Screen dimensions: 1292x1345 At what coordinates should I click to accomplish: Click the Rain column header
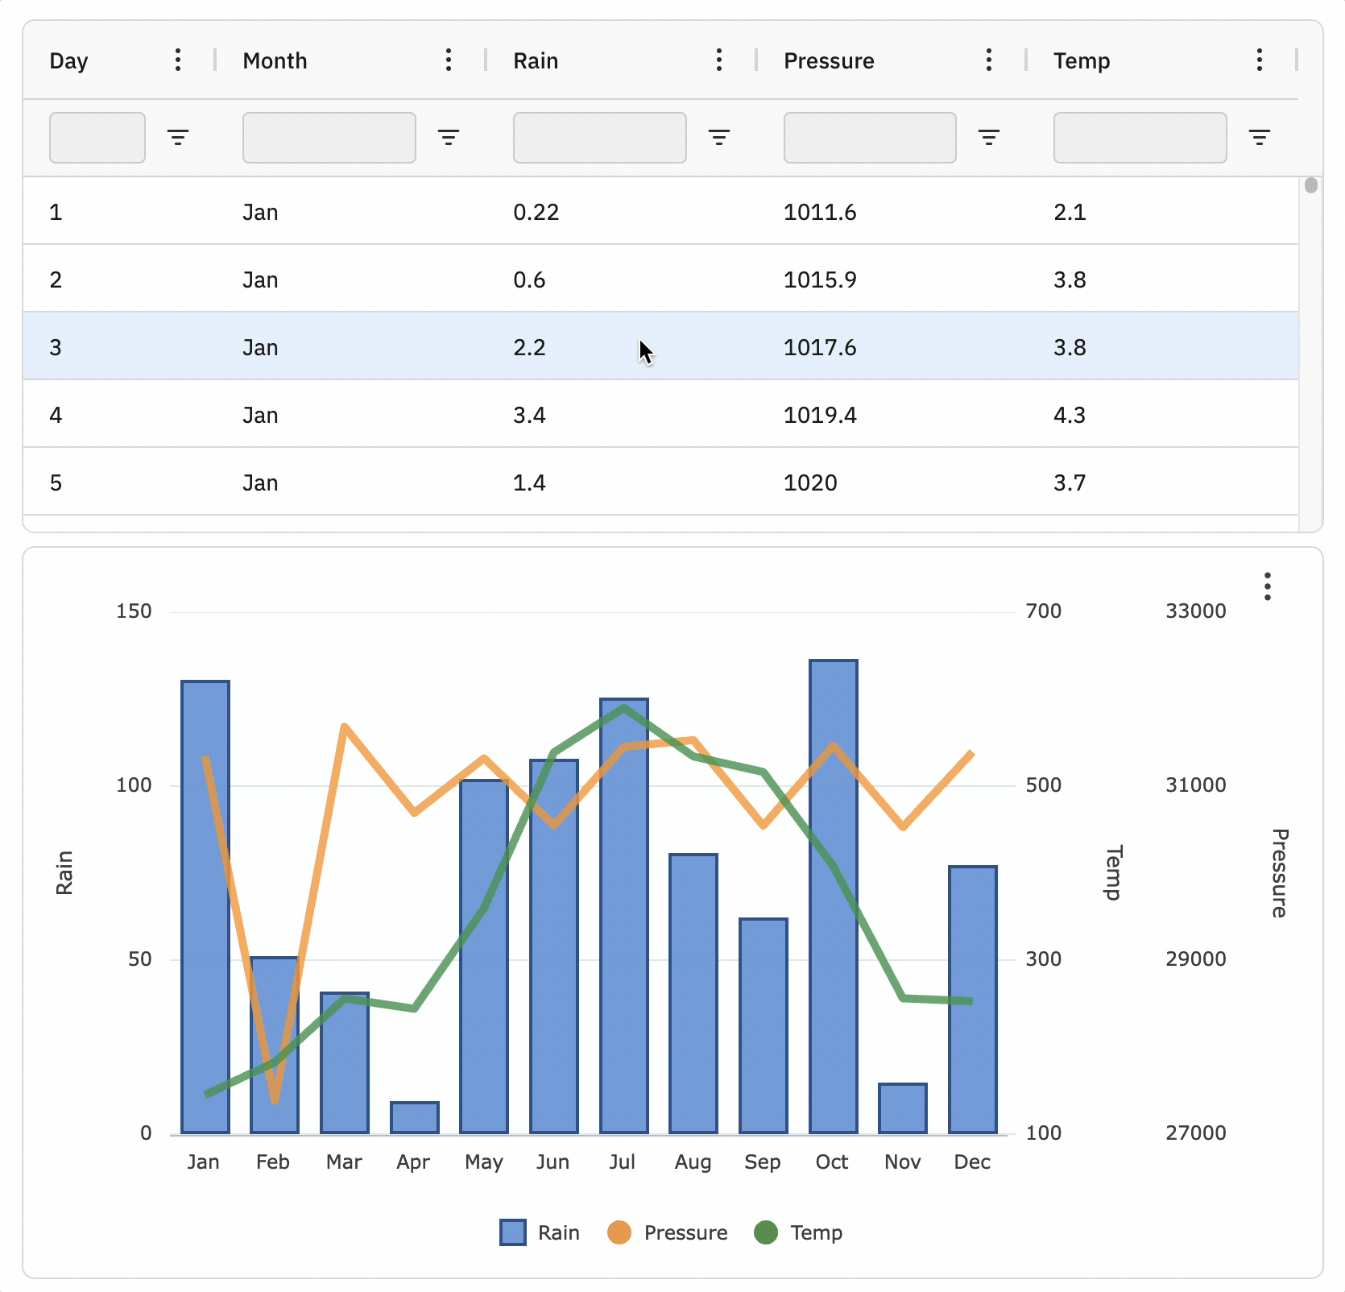pyautogui.click(x=536, y=60)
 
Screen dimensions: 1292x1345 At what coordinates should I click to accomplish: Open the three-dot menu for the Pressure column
pyautogui.click(x=988, y=60)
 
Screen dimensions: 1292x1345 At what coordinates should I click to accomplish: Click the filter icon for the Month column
pyautogui.click(x=449, y=138)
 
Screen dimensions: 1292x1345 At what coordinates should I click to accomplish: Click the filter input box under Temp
pyautogui.click(x=1139, y=138)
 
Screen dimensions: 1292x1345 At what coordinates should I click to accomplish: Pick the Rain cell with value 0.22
pyautogui.click(x=536, y=212)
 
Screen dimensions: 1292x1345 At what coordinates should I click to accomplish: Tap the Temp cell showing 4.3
pyautogui.click(x=1069, y=415)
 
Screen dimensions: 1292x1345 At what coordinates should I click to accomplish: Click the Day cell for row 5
pyautogui.click(x=56, y=482)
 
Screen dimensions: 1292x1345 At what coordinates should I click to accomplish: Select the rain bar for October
pyautogui.click(x=833, y=894)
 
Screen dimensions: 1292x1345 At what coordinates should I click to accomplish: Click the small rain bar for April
pyautogui.click(x=414, y=1117)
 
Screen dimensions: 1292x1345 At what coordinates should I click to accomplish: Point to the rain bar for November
pyautogui.click(x=902, y=1108)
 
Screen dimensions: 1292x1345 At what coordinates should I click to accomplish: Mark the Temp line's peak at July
pyautogui.click(x=624, y=708)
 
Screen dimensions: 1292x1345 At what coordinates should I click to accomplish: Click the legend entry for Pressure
pyautogui.click(x=668, y=1232)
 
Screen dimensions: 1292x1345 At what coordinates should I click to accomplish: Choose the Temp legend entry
pyautogui.click(x=799, y=1232)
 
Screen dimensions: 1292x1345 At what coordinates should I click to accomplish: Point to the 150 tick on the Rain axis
pyautogui.click(x=134, y=611)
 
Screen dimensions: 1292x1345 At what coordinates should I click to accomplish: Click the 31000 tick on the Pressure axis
pyautogui.click(x=1195, y=785)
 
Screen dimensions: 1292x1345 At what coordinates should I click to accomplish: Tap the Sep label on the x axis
pyautogui.click(x=762, y=1162)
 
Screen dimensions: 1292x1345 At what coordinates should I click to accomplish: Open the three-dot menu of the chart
pyautogui.click(x=1267, y=586)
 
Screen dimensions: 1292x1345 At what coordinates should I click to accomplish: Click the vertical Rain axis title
pyautogui.click(x=64, y=872)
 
